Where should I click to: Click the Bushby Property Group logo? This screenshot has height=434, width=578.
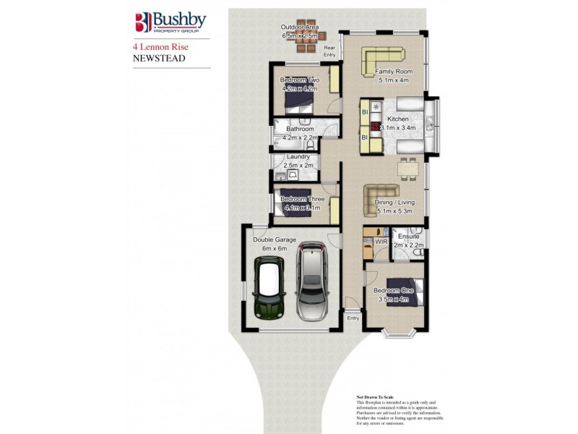[171, 22]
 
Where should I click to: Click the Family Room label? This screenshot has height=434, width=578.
[394, 72]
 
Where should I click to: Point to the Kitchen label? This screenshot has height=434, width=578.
[398, 119]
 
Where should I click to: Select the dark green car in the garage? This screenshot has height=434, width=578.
[269, 291]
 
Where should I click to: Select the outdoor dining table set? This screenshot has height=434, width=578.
[306, 41]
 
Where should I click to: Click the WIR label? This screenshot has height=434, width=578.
[380, 242]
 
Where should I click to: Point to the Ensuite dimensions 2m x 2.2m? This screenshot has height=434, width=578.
[408, 245]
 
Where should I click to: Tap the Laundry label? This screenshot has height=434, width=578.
[298, 157]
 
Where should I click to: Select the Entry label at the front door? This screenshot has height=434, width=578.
[353, 318]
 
